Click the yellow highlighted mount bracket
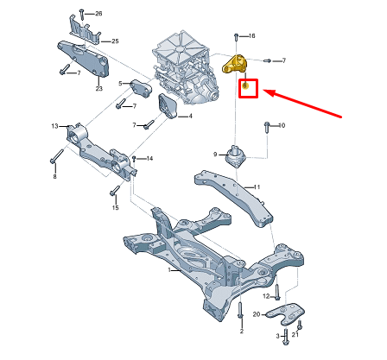[235, 65]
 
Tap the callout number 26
[98, 15]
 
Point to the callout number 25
[115, 41]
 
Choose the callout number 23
[98, 87]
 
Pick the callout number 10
[282, 126]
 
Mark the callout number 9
[216, 154]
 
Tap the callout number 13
[54, 126]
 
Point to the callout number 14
[149, 159]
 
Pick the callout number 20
[255, 313]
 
